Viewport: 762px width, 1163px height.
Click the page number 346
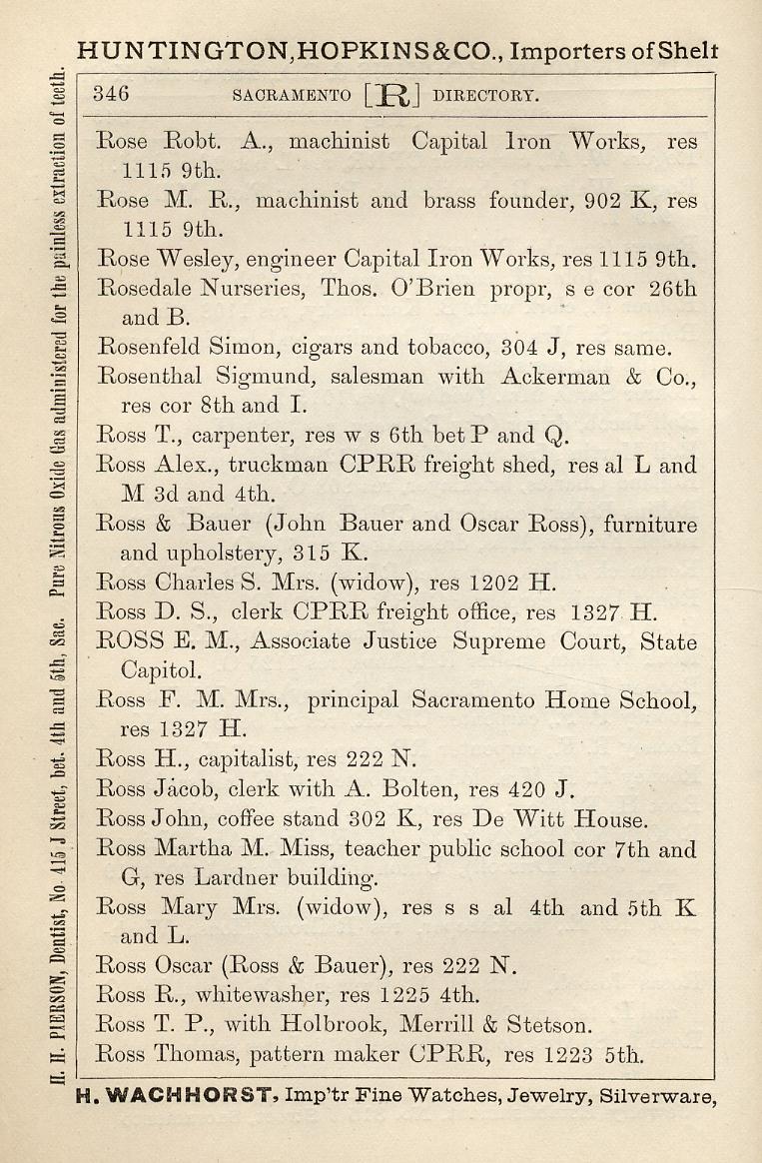coord(111,95)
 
